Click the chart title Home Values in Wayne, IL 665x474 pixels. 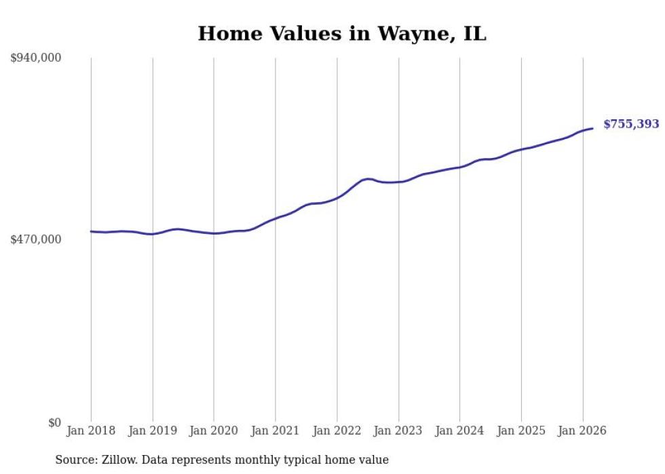(342, 34)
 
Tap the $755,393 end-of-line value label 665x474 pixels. (631, 124)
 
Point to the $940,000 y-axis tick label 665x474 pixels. (36, 58)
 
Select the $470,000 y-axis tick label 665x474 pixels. (36, 239)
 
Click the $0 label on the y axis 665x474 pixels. (54, 422)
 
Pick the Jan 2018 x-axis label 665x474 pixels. (91, 431)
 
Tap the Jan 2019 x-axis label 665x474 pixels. (153, 431)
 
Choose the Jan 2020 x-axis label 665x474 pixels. (214, 431)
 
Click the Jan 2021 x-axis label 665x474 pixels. (275, 431)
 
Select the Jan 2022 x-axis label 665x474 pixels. (337, 431)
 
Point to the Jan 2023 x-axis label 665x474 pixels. (398, 431)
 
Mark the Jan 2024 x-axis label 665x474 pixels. (459, 431)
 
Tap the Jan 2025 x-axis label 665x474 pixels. (521, 431)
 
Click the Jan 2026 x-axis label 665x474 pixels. (582, 431)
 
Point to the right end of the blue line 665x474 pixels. (592, 128)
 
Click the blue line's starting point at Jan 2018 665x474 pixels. (91, 231)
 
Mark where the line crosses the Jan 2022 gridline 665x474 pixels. (337, 198)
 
